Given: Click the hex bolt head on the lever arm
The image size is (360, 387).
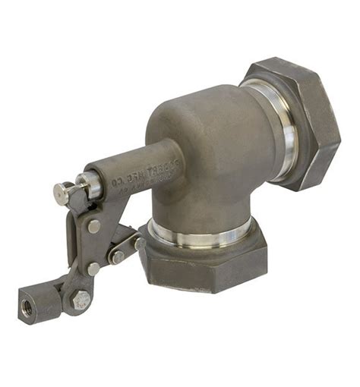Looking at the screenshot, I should [79, 300].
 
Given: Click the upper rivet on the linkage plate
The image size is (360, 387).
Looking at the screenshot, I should [93, 225].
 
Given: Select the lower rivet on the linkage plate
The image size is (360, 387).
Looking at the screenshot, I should [93, 268].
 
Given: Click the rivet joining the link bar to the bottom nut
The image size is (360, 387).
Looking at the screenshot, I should [140, 243].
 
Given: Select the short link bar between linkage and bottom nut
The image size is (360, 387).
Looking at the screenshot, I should [128, 250].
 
